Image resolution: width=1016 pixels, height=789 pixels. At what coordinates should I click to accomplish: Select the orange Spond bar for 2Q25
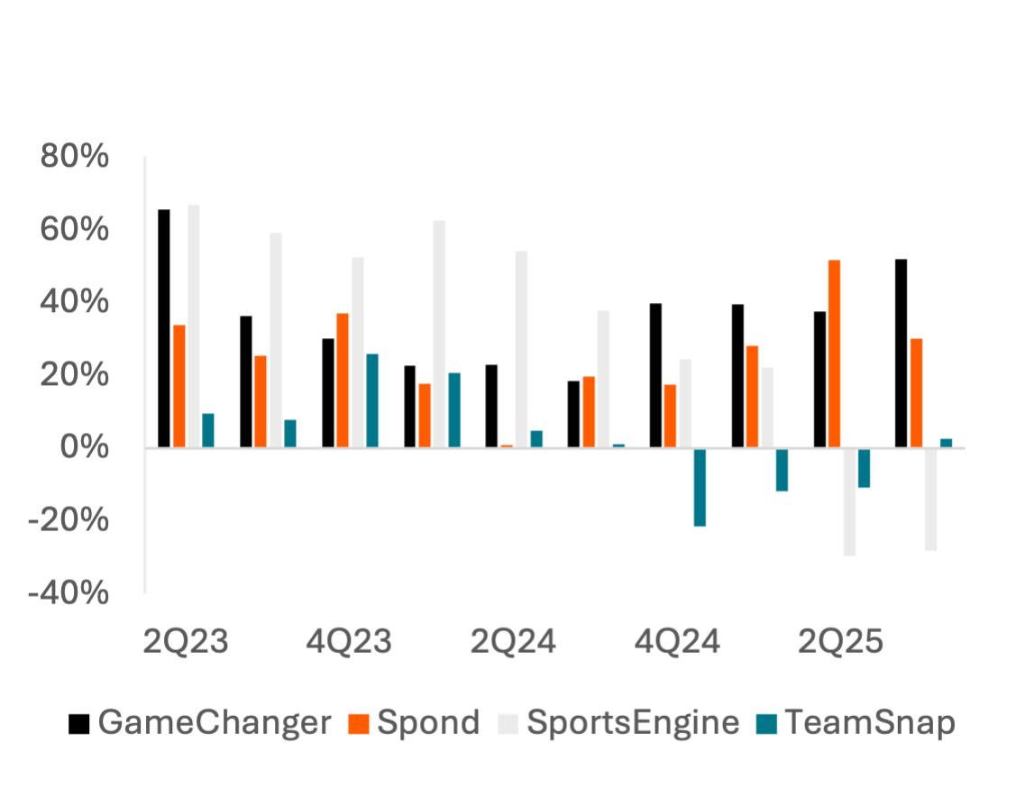point(834,353)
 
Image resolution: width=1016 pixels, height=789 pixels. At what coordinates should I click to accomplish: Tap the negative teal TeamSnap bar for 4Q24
point(700,488)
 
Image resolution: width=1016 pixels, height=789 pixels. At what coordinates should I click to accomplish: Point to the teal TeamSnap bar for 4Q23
point(372,400)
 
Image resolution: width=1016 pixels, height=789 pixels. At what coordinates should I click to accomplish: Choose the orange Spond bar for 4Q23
point(343,380)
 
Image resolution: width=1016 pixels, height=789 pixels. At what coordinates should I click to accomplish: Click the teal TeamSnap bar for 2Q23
point(208,430)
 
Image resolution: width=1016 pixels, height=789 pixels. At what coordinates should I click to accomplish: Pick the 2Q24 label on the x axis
point(514,642)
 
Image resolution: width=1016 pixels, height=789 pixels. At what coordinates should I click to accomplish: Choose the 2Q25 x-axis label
point(840,642)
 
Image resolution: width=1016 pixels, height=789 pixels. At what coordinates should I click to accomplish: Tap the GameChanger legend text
point(215,723)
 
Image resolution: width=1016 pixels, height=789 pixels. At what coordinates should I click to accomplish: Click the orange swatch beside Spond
point(360,723)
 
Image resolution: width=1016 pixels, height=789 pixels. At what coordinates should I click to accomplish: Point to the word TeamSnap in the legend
point(869,723)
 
